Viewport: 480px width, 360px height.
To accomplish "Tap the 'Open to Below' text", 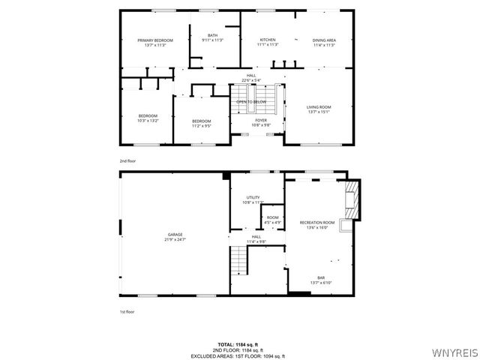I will coord(251,101).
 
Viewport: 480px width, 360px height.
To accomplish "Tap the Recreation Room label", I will coord(317,223).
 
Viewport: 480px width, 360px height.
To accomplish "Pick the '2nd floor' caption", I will coord(127,160).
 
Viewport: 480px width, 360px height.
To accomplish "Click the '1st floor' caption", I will coord(127,310).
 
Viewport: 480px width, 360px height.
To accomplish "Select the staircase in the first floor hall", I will coord(238,260).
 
